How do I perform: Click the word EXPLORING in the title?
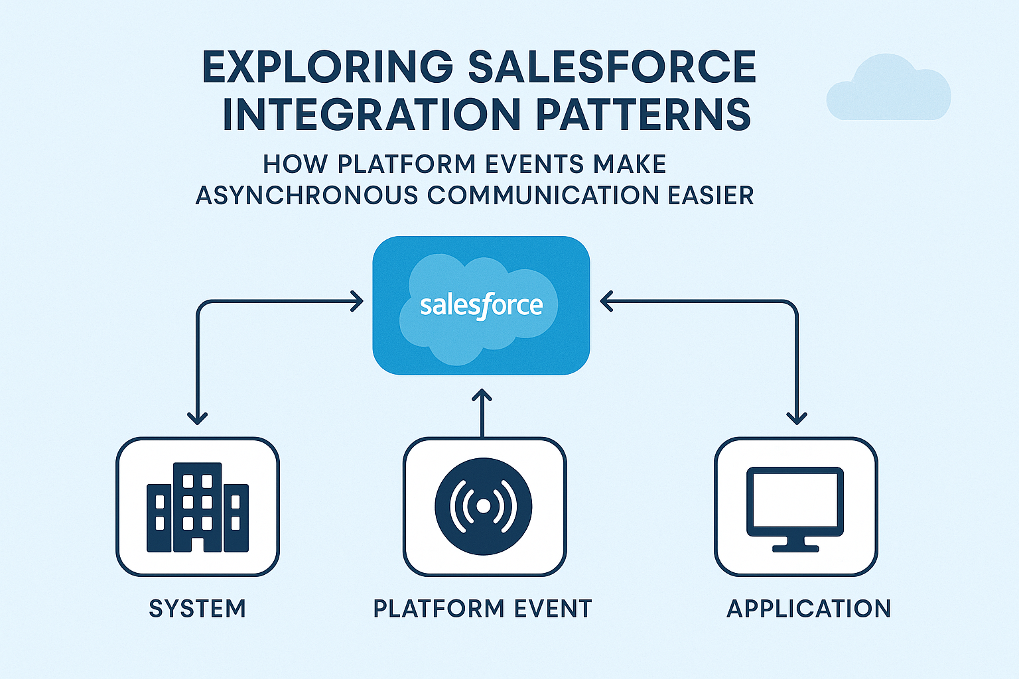(328, 67)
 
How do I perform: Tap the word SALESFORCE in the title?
(612, 67)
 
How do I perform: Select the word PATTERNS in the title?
(643, 115)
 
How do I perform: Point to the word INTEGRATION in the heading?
(372, 115)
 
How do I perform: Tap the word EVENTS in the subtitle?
(535, 164)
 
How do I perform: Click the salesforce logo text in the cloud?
(481, 306)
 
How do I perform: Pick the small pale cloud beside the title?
(888, 90)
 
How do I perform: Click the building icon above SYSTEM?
(197, 508)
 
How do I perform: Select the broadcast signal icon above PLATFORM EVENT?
(484, 507)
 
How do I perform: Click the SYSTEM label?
(197, 609)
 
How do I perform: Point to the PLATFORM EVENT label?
(482, 609)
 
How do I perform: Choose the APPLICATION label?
(809, 609)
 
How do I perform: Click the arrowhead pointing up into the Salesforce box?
(482, 396)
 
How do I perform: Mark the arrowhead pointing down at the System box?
(197, 418)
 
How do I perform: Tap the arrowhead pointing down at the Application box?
(796, 418)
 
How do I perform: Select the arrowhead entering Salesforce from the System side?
(358, 302)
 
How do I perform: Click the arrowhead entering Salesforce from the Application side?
(605, 302)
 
